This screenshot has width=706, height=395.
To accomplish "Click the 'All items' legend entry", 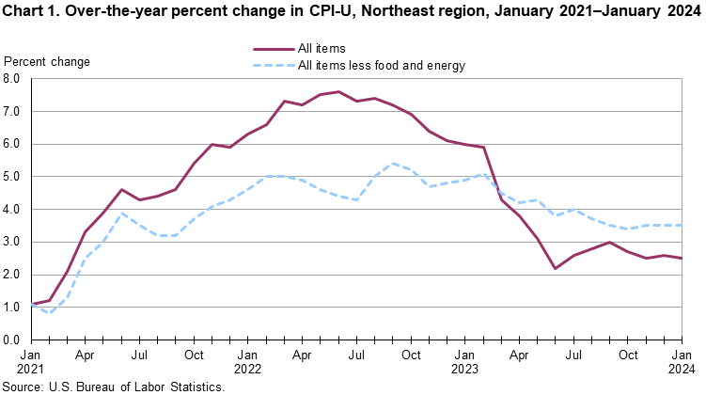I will click(x=322, y=47).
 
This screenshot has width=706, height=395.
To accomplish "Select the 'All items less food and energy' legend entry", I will click(x=381, y=65).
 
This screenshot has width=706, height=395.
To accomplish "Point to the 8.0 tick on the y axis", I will click(x=14, y=79).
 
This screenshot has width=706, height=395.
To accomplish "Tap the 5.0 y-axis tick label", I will click(x=14, y=177).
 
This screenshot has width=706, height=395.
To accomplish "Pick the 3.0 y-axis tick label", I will click(x=14, y=242).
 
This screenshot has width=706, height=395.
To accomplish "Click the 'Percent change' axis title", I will click(x=47, y=62).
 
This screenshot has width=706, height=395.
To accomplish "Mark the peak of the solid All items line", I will click(x=339, y=92).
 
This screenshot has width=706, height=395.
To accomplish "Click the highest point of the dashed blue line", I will click(x=393, y=164).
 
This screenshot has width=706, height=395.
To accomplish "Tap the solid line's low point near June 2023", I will click(x=555, y=268).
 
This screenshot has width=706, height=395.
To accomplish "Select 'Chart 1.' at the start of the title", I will click(x=36, y=11).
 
